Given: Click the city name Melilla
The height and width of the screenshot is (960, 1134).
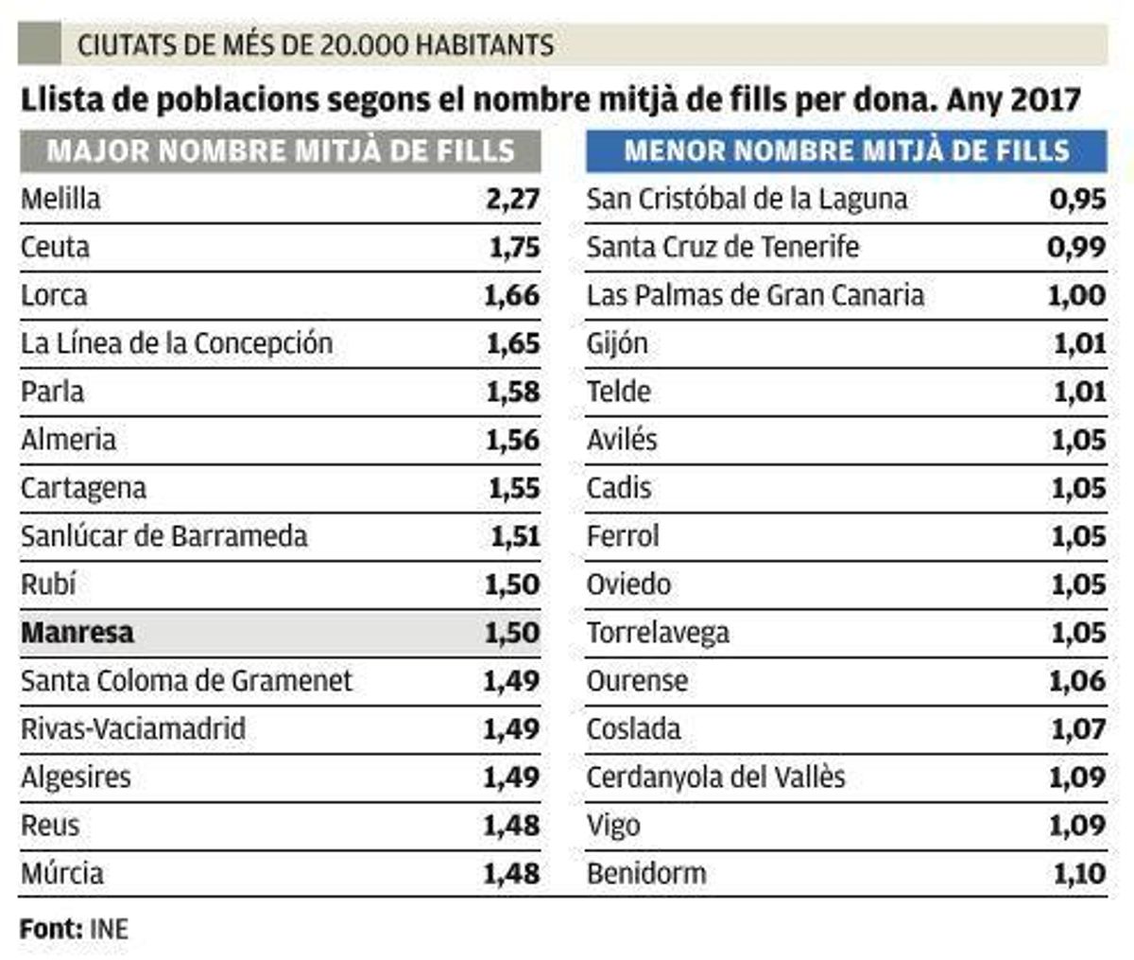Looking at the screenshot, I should point(60,199).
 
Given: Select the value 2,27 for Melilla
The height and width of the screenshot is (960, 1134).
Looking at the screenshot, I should point(513,199).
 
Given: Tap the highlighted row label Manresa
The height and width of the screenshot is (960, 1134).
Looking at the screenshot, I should point(77,633).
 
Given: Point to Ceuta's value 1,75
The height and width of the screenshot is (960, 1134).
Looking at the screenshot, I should point(514,247).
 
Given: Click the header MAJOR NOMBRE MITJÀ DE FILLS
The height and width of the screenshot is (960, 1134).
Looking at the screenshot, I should point(281,151).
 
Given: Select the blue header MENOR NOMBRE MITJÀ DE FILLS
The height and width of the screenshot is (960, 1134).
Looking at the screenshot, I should point(846,151).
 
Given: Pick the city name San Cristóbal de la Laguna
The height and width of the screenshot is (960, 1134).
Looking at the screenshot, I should point(747,199).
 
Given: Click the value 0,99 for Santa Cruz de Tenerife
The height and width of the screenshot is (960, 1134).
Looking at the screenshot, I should point(1076,247).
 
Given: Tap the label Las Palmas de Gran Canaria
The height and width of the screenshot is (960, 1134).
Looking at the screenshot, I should point(755,295).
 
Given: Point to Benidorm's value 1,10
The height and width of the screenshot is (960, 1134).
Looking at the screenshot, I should point(1079,873).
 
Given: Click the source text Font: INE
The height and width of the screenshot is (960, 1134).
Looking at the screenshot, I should point(74,929).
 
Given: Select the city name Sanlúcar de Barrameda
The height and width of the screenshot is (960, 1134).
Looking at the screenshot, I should point(164,536).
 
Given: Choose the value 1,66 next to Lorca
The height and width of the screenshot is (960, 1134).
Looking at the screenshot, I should point(512,295).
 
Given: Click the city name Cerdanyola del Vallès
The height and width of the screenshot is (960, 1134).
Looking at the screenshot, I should point(715,777).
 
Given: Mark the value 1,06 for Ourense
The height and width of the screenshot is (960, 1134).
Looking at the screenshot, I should point(1077,680).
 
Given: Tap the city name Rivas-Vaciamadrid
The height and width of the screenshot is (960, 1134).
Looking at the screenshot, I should point(133,728).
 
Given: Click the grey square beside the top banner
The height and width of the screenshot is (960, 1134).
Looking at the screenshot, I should point(39,44).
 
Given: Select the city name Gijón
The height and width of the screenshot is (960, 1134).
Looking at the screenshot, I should point(617,343).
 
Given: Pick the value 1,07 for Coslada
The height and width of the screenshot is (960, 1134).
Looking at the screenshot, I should point(1078,728).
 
